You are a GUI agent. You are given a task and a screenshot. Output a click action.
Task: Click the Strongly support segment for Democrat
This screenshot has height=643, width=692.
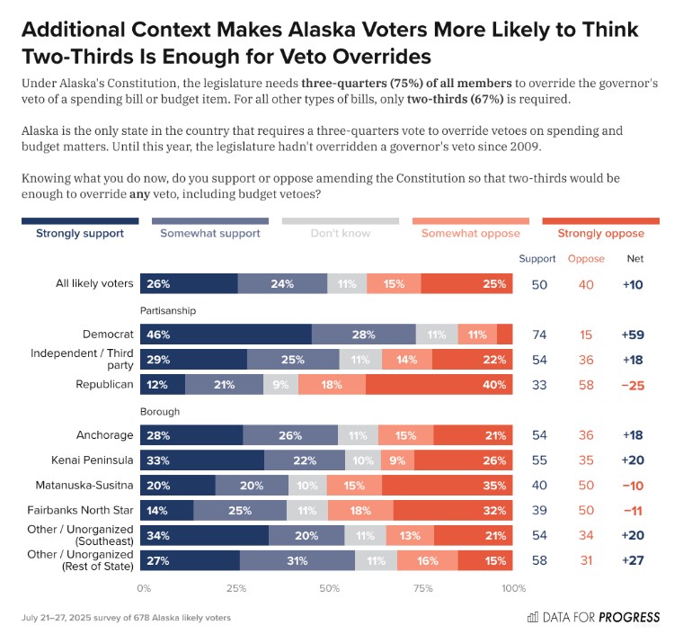click(x=226, y=334)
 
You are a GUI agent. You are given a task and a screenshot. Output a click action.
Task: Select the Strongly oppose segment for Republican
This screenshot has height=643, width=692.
click(x=439, y=384)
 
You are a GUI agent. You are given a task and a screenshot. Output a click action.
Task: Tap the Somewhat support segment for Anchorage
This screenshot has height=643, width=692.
click(x=289, y=434)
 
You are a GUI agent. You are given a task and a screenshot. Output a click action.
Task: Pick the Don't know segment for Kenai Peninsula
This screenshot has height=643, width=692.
click(x=363, y=460)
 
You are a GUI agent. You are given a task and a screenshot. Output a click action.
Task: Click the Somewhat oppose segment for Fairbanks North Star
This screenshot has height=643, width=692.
click(x=360, y=510)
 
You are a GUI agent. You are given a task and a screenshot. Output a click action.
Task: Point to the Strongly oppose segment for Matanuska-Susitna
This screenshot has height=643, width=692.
click(x=448, y=485)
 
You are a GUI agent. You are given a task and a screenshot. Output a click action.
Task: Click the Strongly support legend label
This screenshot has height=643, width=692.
click(x=80, y=234)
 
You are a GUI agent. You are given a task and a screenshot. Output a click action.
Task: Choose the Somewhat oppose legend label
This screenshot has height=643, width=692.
click(x=471, y=234)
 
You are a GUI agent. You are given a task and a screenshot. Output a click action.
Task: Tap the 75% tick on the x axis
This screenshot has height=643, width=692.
click(x=421, y=588)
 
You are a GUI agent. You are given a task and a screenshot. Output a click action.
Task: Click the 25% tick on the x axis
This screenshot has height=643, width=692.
click(x=236, y=588)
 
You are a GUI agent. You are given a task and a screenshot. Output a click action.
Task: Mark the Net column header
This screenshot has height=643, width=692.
click(x=634, y=259)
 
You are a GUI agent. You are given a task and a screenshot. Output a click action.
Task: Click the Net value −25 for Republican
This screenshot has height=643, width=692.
click(x=634, y=384)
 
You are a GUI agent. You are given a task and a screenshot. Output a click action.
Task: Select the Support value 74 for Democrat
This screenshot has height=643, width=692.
click(x=538, y=334)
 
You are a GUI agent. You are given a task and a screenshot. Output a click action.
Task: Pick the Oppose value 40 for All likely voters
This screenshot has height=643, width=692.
click(x=586, y=283)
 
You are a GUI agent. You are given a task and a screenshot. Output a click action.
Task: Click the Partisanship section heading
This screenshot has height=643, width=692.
click(x=168, y=310)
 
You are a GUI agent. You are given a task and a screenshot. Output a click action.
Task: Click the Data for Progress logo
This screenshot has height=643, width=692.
click(x=593, y=618)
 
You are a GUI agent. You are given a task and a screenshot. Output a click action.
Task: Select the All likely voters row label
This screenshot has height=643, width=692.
click(x=93, y=283)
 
